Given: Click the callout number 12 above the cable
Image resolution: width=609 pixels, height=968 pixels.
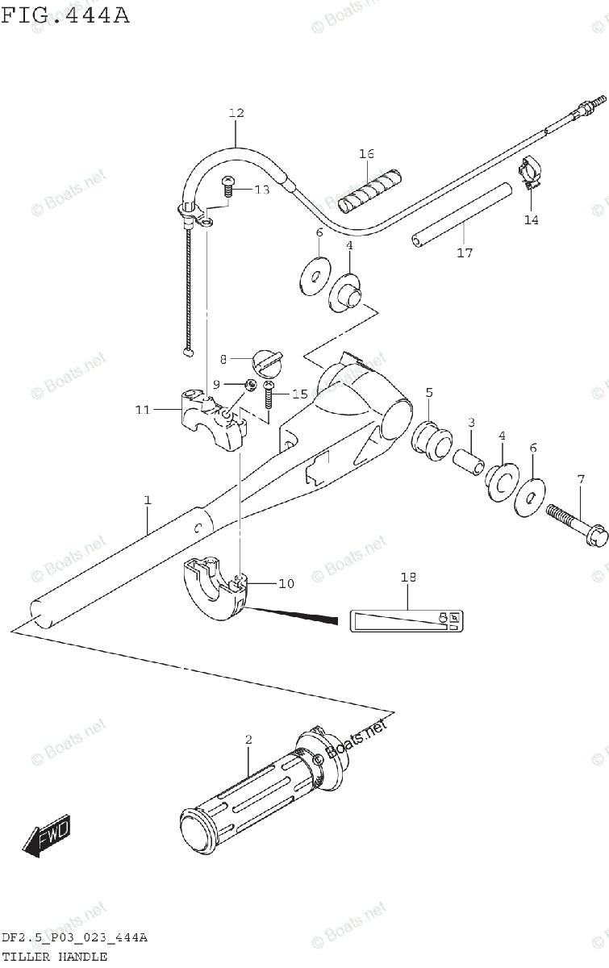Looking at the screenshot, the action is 236,114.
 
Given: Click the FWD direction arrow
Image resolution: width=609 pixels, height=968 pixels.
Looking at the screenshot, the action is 47,837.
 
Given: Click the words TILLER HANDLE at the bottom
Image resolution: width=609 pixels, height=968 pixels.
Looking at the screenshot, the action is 54,957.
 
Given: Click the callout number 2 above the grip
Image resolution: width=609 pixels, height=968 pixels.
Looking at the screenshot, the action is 248,739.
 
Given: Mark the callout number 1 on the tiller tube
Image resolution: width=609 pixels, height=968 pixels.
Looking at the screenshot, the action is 148,501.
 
